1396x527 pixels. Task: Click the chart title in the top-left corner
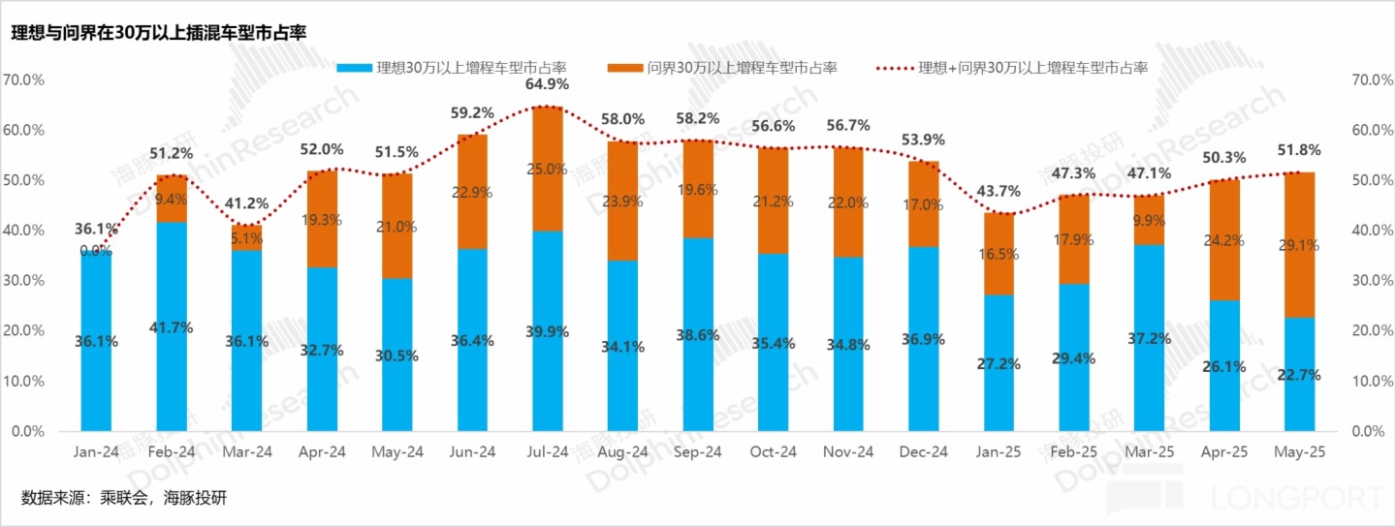click(x=159, y=33)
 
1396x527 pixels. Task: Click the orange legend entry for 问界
click(x=721, y=68)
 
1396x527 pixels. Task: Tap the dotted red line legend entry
click(x=1012, y=68)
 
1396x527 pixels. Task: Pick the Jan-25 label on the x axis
click(x=999, y=451)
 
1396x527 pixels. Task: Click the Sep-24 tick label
click(x=698, y=451)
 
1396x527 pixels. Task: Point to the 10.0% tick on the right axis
click(x=1367, y=381)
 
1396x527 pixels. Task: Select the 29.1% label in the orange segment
click(x=1300, y=246)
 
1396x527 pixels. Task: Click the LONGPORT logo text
click(x=1300, y=498)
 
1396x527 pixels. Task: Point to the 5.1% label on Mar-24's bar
click(x=246, y=238)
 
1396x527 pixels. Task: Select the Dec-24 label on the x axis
click(x=924, y=451)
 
